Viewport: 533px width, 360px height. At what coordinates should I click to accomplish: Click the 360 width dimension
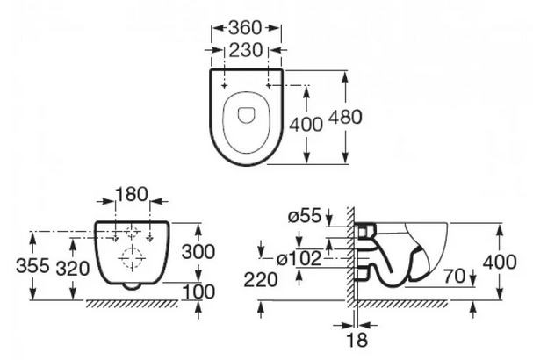pyautogui.click(x=245, y=28)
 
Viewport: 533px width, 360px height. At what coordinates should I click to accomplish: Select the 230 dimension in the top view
pyautogui.click(x=246, y=50)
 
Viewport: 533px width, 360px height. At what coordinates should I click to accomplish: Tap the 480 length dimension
pyautogui.click(x=345, y=118)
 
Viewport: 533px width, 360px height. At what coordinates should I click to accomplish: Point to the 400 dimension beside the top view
pyautogui.click(x=306, y=124)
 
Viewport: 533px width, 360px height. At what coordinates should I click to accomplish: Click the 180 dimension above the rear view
pyautogui.click(x=132, y=194)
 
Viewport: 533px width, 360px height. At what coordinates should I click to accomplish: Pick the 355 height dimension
pyautogui.click(x=32, y=265)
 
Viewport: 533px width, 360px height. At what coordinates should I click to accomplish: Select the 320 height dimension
pyautogui.click(x=73, y=269)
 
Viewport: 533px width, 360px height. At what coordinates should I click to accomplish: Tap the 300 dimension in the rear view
pyautogui.click(x=198, y=252)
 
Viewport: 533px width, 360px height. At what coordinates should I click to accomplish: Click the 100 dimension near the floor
pyautogui.click(x=198, y=292)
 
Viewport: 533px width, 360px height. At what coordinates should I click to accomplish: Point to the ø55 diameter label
pyautogui.click(x=305, y=216)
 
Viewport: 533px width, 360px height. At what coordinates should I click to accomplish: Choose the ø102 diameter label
pyautogui.click(x=299, y=259)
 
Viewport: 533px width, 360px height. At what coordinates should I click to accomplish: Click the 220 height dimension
pyautogui.click(x=261, y=280)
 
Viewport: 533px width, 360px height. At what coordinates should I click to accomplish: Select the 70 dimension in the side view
pyautogui.click(x=455, y=276)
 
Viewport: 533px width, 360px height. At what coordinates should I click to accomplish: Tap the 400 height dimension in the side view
pyautogui.click(x=500, y=262)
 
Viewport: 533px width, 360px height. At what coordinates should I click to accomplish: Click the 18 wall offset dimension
pyautogui.click(x=357, y=339)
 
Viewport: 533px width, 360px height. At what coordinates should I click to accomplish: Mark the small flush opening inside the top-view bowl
pyautogui.click(x=246, y=115)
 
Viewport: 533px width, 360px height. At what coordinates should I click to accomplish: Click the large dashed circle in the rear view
pyautogui.click(x=132, y=259)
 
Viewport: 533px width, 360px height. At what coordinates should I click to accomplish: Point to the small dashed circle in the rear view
pyautogui.click(x=132, y=232)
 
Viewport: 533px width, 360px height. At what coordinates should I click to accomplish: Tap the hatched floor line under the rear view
pyautogui.click(x=132, y=304)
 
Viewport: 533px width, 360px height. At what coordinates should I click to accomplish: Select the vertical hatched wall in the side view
pyautogui.click(x=350, y=257)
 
